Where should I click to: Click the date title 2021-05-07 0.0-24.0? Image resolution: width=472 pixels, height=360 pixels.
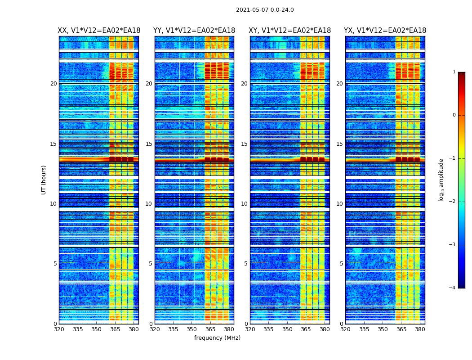265,10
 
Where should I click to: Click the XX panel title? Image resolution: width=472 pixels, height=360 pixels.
99,31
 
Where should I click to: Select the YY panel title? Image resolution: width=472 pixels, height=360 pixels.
194,31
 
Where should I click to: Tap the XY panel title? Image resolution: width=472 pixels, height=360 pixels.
290,31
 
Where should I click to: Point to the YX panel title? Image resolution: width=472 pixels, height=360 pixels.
385,31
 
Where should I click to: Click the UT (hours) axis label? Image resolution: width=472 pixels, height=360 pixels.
44,180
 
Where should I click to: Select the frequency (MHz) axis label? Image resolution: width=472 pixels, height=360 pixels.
217,338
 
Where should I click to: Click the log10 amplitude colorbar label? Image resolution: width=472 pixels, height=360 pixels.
441,180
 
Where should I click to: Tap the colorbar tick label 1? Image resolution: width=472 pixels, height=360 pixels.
454,72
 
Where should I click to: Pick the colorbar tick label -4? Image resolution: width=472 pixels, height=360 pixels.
453,288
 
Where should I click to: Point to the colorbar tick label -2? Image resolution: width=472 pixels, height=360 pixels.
453,202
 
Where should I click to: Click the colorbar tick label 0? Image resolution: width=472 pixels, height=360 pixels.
454,115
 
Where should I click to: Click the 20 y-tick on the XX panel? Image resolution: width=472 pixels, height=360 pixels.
53,84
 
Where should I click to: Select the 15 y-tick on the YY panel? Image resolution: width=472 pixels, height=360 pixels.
149,144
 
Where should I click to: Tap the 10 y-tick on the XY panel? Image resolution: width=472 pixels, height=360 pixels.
244,204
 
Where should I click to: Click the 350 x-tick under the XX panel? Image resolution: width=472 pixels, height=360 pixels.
96,329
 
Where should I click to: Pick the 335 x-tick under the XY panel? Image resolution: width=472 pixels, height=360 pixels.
268,329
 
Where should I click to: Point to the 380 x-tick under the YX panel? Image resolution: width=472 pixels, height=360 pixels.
420,329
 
